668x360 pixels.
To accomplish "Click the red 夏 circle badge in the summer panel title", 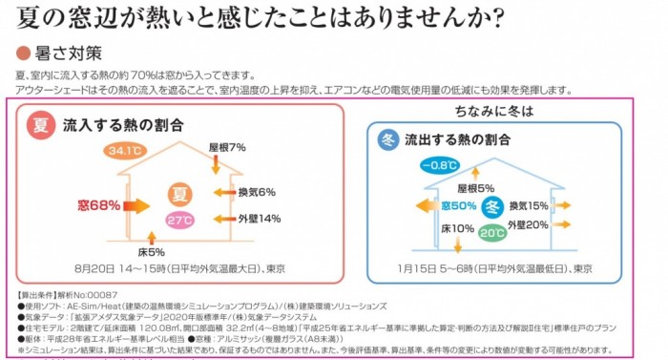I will (41, 124).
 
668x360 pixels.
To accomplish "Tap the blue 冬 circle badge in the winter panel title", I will (387, 138).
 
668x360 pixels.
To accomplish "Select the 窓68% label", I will (99, 204).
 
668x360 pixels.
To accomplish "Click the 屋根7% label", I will (227, 147).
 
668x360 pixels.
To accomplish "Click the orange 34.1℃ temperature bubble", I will (126, 151).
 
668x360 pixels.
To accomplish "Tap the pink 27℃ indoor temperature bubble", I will (179, 220).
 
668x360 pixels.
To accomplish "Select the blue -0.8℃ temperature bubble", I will (439, 165).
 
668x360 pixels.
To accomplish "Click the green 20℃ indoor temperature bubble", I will (492, 232).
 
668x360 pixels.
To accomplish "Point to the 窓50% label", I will (457, 205).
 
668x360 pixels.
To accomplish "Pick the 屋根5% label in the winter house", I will (475, 188).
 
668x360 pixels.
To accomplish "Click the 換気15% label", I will (528, 205).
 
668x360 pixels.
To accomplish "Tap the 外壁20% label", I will (528, 224).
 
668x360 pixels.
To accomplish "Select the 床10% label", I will (457, 228).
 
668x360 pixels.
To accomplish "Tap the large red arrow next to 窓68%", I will (137, 204).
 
